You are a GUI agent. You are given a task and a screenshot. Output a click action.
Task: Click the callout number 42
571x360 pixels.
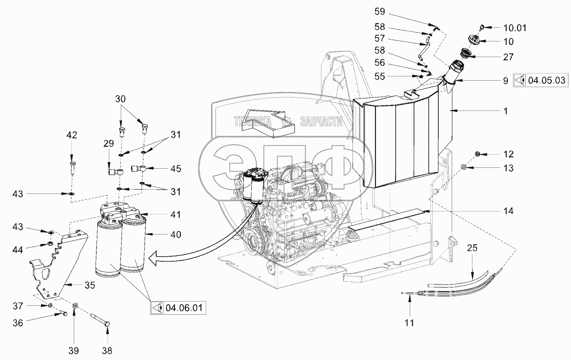point(72,135)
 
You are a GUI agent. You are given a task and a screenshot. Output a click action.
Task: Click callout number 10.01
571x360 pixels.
point(515,28)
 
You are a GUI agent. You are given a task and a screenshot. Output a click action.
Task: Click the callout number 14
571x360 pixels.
point(508,211)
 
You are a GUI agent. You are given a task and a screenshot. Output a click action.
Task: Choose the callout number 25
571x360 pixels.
point(472,248)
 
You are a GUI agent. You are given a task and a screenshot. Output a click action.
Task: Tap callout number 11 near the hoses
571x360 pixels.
point(409,323)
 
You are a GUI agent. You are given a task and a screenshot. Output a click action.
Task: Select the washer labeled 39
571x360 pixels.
point(75,306)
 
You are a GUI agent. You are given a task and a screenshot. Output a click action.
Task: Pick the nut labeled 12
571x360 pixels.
point(477,154)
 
